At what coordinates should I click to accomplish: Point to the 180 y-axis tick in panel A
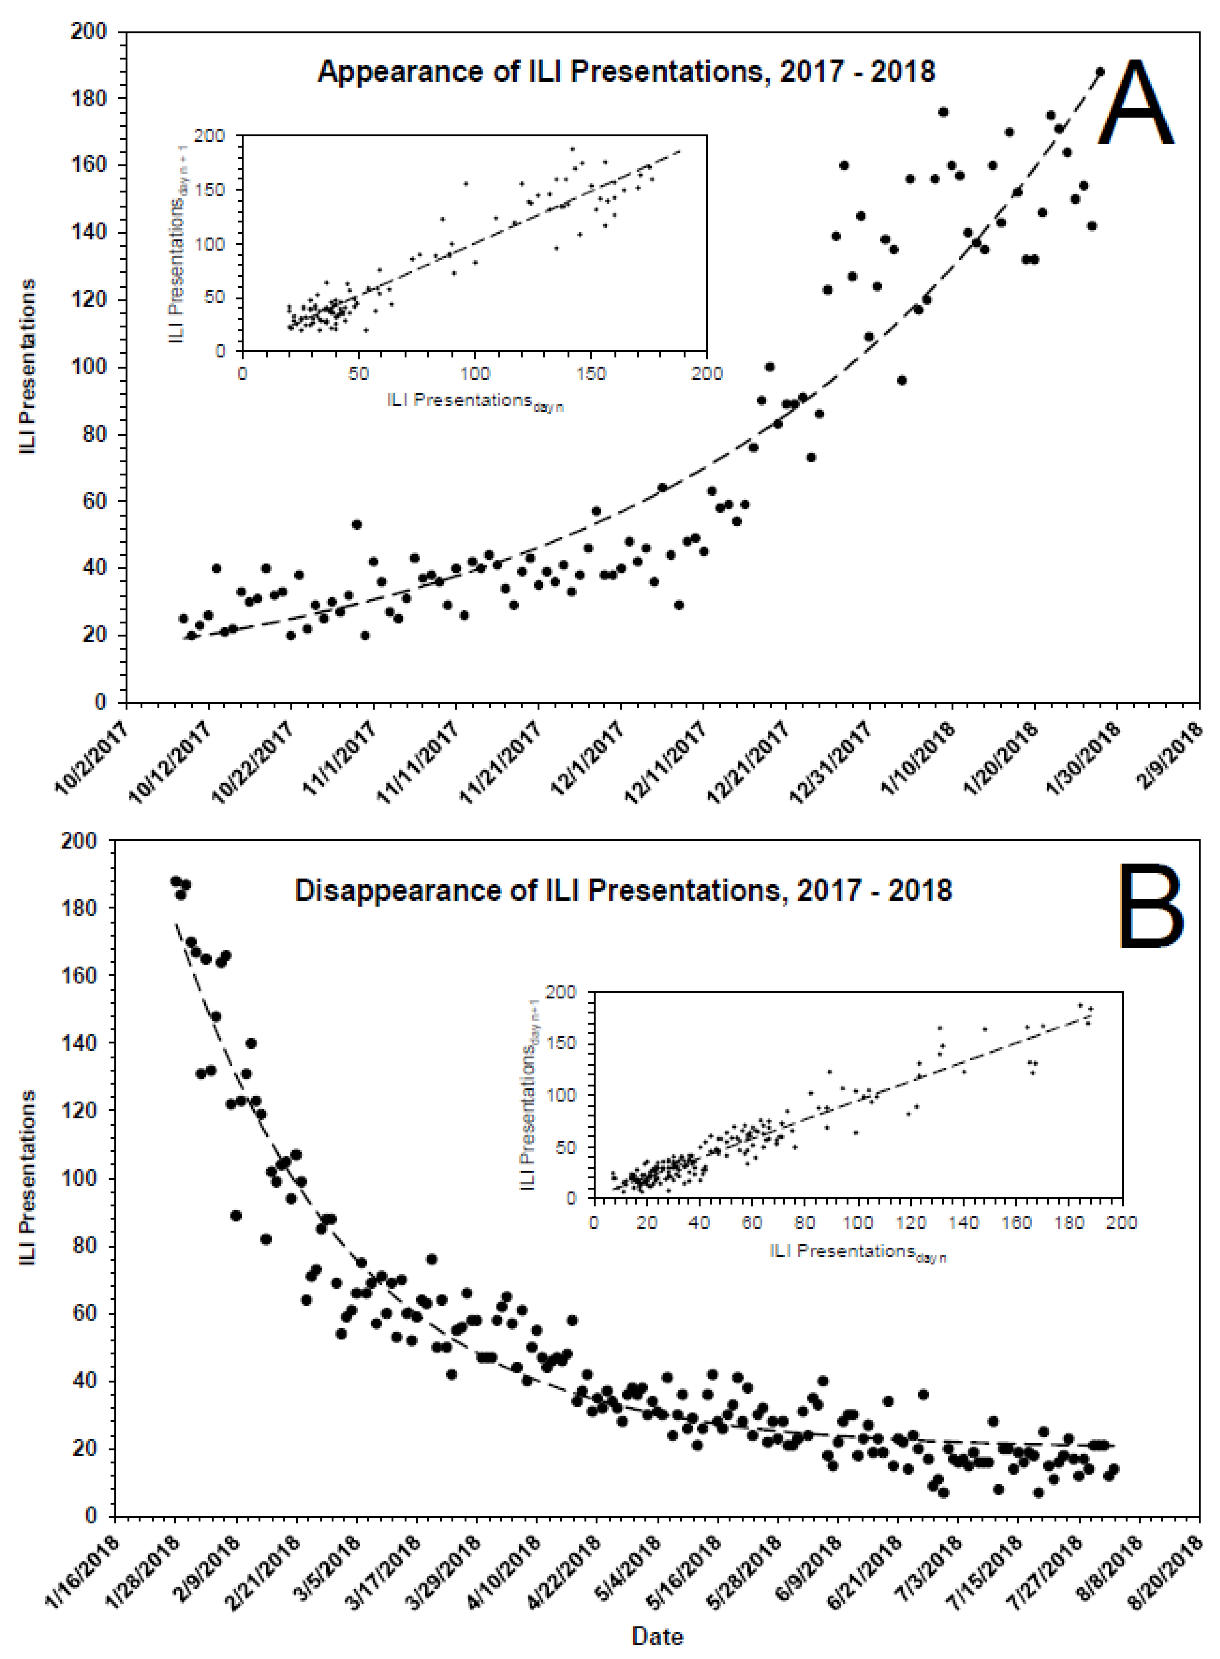(x=89, y=98)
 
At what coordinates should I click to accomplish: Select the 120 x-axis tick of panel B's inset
(x=911, y=1222)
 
